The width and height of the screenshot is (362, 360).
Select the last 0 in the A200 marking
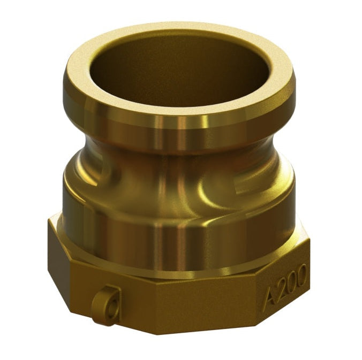[302, 273]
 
